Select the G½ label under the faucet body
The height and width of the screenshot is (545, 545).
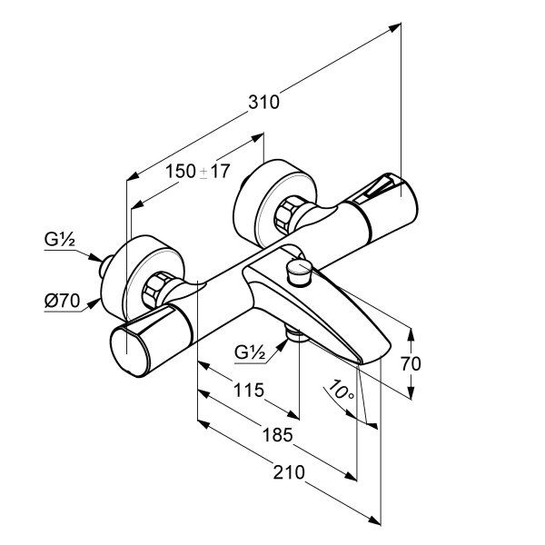[251, 351]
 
